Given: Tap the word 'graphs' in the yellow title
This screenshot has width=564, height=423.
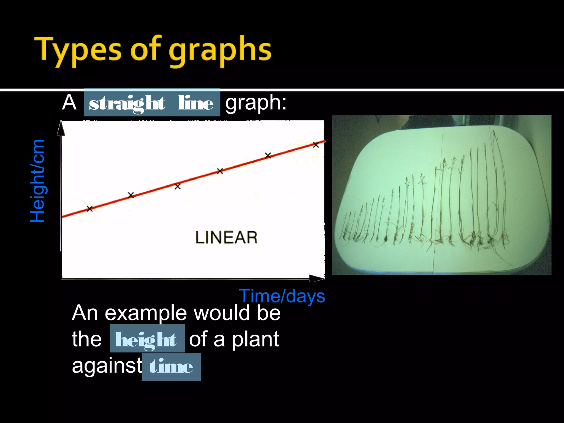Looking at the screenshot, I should (x=220, y=51).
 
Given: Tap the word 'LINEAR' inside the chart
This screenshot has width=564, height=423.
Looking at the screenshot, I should (x=226, y=237).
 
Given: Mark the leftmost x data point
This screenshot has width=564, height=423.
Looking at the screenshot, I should (x=90, y=209).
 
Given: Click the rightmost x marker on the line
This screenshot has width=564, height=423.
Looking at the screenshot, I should (x=316, y=145).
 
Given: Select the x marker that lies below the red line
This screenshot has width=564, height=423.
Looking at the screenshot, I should (x=178, y=187).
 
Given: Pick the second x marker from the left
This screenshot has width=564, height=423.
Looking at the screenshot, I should (x=131, y=195).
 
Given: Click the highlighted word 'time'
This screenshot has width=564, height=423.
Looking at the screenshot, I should (x=171, y=367).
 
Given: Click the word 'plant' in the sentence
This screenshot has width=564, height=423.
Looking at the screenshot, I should (x=255, y=339).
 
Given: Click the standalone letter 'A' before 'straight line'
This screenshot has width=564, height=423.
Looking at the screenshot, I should (x=69, y=102).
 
